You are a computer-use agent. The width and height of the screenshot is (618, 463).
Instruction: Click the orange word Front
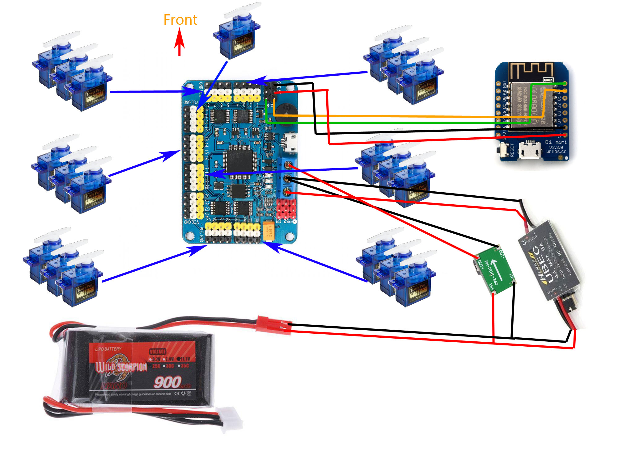pyautogui.click(x=180, y=20)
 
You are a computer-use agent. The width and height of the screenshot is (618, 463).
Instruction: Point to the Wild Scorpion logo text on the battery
pyautogui.click(x=121, y=367)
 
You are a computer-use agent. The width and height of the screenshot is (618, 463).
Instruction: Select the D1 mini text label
pyautogui.click(x=556, y=142)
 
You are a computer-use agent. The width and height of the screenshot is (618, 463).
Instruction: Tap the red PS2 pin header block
pyautogui.click(x=286, y=209)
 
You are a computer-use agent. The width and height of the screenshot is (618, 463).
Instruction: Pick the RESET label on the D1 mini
pyautogui.click(x=512, y=150)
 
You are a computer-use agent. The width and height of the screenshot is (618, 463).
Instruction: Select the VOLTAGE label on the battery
pyautogui.click(x=158, y=352)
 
